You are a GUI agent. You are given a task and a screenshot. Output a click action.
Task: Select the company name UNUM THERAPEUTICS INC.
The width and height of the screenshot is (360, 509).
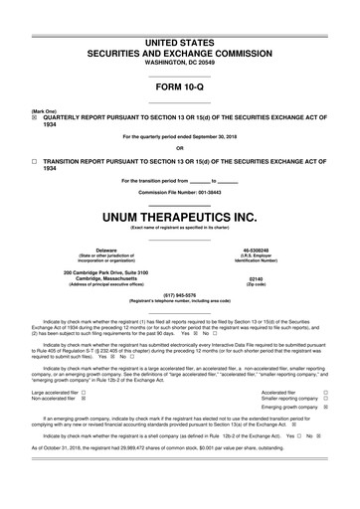(180, 215)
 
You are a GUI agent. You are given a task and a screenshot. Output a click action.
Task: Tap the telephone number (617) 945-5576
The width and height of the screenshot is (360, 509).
(180, 293)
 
